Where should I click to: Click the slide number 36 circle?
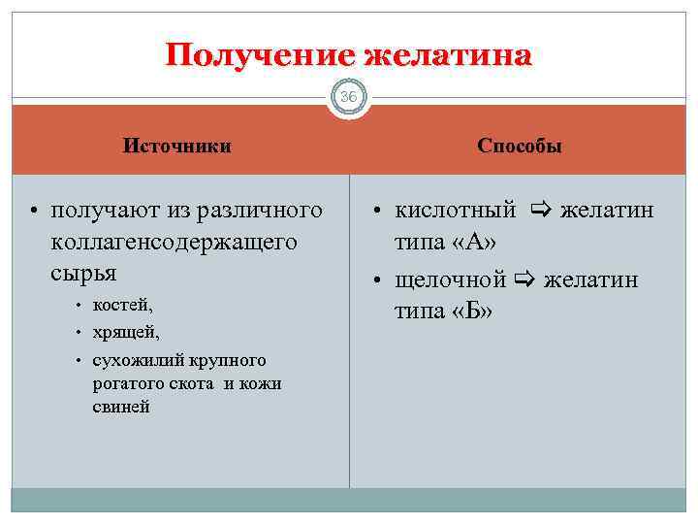click(349, 97)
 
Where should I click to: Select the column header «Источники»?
click(176, 147)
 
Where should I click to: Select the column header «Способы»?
click(520, 147)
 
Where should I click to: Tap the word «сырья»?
click(82, 271)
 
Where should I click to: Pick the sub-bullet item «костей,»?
click(123, 306)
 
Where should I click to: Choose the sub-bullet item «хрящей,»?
click(126, 333)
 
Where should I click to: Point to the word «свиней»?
click(121, 407)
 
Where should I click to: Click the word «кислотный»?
click(455, 211)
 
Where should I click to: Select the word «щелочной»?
click(450, 281)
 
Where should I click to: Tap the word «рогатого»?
click(126, 383)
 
